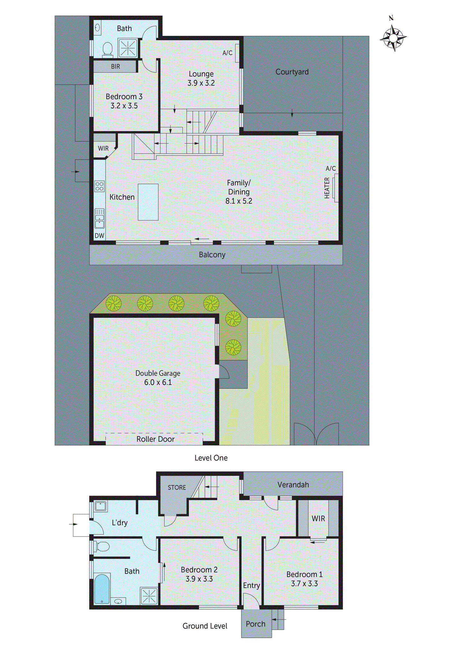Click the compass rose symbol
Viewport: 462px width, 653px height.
(393, 38)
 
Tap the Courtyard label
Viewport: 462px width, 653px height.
(292, 72)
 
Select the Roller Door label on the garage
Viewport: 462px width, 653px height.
(155, 439)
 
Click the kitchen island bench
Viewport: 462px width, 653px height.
(148, 202)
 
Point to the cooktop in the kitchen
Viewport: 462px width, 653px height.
(100, 186)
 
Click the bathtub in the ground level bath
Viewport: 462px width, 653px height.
(102, 589)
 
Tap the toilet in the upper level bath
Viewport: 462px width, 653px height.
(108, 50)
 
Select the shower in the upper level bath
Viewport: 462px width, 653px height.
(128, 48)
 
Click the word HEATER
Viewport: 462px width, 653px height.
(327, 188)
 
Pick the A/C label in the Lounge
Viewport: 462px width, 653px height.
(227, 53)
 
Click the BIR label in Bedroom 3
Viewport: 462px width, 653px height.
(115, 67)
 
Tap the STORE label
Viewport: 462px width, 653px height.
(177, 488)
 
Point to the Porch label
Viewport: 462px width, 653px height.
(256, 624)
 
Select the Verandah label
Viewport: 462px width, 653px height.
(293, 485)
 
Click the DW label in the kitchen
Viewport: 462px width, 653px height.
(100, 236)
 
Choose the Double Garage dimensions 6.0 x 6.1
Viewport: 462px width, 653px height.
(158, 382)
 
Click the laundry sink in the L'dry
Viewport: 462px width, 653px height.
(101, 506)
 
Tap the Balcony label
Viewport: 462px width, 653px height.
(212, 255)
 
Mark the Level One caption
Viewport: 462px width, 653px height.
(211, 458)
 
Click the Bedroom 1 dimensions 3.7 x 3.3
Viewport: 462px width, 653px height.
(304, 583)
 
